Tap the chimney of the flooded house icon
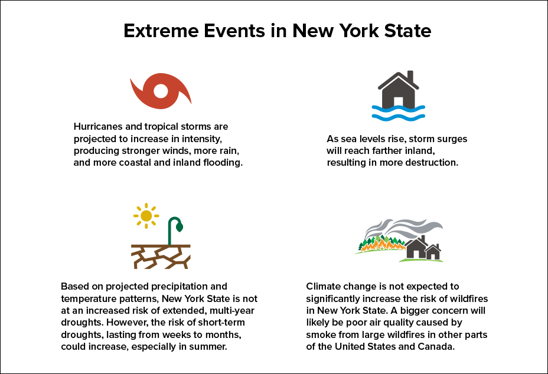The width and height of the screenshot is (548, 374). click(411, 77)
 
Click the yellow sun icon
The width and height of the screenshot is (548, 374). click(146, 216)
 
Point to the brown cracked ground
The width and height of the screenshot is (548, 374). click(161, 257)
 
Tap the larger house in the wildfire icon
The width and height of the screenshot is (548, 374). click(418, 250)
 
